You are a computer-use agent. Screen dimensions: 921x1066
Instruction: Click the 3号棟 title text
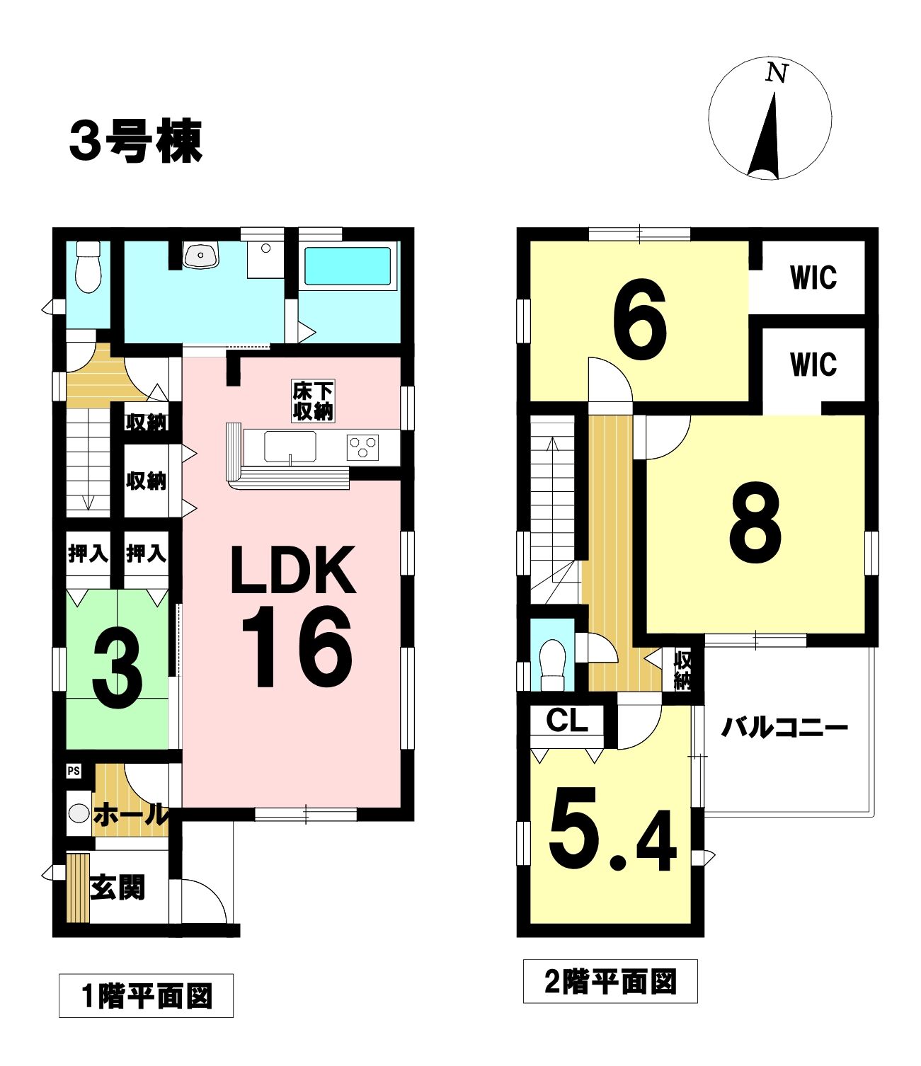point(136,141)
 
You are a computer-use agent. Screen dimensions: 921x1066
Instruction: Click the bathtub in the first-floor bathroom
point(348,265)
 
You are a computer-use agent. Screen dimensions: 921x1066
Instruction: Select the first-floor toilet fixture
point(88,267)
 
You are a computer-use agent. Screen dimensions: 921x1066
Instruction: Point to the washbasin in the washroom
point(200,255)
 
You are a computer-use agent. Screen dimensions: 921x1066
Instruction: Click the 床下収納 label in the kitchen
point(313,402)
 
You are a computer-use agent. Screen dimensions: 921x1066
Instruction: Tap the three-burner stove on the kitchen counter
point(363,447)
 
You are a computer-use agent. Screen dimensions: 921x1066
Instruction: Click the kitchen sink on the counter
point(290,447)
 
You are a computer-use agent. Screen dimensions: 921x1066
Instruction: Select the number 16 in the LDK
point(297,647)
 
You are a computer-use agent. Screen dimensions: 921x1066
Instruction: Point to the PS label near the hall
point(74,771)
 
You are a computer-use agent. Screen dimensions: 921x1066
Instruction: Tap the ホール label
point(131,815)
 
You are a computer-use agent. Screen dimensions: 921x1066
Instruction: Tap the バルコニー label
point(784,728)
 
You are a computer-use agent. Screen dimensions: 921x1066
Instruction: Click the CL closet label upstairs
point(567,721)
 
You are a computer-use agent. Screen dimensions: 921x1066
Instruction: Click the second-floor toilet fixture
point(551,664)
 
